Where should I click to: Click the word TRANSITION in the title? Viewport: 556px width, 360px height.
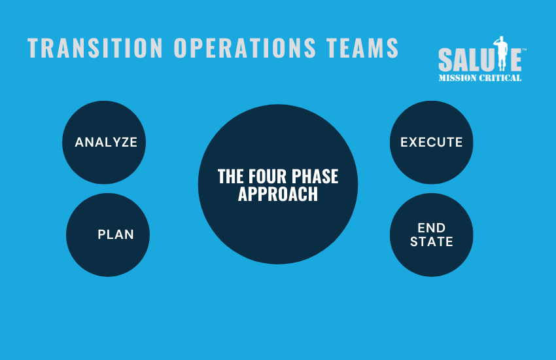[95, 48]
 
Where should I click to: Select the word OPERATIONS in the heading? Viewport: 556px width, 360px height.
[245, 48]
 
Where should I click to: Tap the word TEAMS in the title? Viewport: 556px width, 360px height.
[363, 48]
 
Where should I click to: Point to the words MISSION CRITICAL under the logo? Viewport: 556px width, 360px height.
[479, 78]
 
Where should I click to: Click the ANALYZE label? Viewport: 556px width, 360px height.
[106, 142]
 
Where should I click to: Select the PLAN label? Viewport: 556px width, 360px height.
[116, 234]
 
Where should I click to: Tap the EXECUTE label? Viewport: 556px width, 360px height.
[432, 142]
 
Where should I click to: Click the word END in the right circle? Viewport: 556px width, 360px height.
[432, 228]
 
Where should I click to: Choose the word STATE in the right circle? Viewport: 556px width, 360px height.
[432, 242]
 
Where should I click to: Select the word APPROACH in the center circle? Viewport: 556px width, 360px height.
[278, 194]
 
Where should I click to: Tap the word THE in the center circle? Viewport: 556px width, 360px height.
[231, 176]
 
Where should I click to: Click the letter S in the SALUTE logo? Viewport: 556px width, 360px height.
[445, 60]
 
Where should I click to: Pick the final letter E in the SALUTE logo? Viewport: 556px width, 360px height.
[516, 60]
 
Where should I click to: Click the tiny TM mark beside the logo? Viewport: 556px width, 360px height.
[524, 50]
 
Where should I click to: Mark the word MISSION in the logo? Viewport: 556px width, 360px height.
[457, 78]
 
